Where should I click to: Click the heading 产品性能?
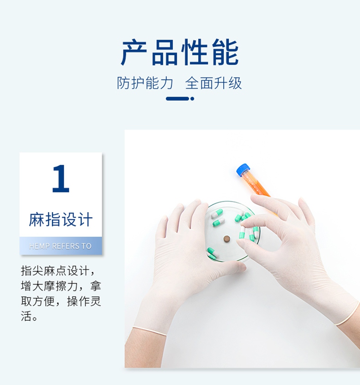click(180, 53)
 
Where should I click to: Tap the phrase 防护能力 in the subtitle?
click(145, 83)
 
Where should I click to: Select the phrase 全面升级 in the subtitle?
click(213, 83)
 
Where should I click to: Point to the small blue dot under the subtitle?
click(192, 99)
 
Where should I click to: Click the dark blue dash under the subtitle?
click(177, 99)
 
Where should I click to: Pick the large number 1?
click(60, 179)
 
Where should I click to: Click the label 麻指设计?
click(61, 219)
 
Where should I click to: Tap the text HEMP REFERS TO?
click(60, 246)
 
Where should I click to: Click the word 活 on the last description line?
click(26, 316)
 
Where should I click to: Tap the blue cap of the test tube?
click(244, 171)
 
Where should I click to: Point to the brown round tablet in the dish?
click(226, 238)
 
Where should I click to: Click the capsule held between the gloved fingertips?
click(242, 234)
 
